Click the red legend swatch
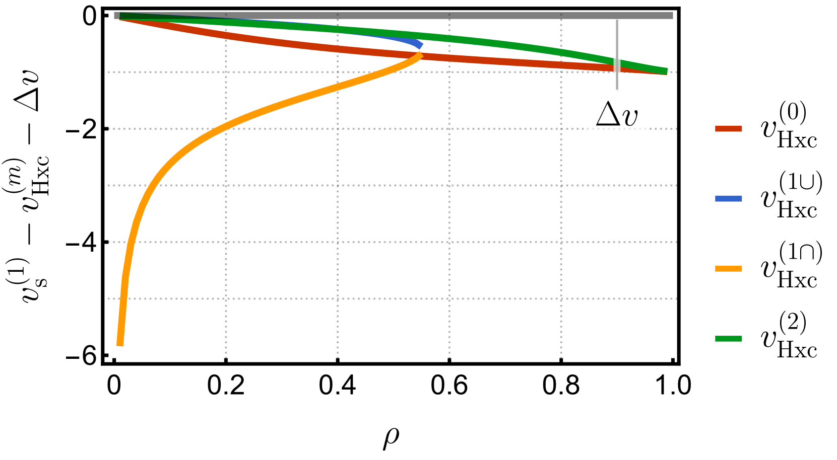click(x=728, y=129)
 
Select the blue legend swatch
click(x=728, y=199)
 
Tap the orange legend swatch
click(x=728, y=269)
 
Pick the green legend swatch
click(x=728, y=339)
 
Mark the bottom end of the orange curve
click(x=120, y=345)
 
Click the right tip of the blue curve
click(x=421, y=46)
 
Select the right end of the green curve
click(x=667, y=71)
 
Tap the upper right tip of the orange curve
click(x=420, y=54)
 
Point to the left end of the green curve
click(x=121, y=16)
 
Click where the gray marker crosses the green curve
click(x=617, y=62)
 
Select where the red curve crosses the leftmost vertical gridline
click(x=226, y=35)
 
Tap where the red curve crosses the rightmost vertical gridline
click(x=561, y=64)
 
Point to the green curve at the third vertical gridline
click(x=449, y=38)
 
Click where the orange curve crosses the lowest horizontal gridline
click(x=123, y=298)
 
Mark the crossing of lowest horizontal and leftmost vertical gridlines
click(x=226, y=298)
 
